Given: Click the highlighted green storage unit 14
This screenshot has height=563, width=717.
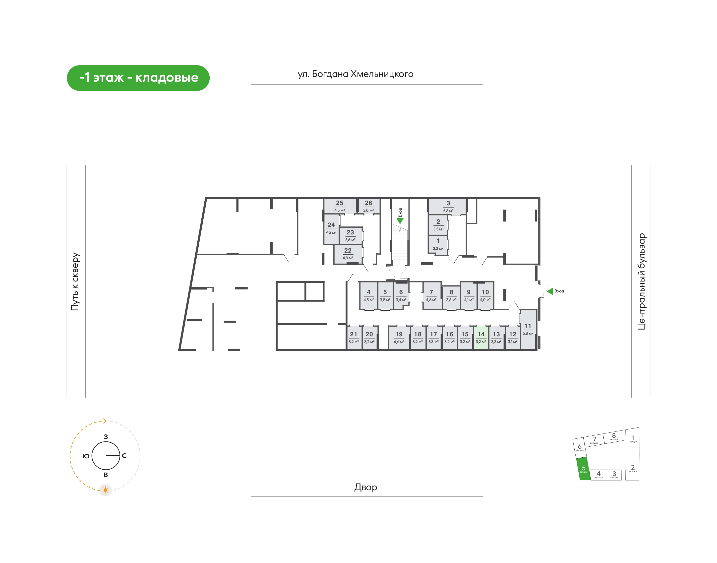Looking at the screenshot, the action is [x=481, y=338].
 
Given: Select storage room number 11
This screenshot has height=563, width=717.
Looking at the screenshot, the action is [x=528, y=329].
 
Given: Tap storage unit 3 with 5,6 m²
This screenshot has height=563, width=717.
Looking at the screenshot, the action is [x=448, y=206].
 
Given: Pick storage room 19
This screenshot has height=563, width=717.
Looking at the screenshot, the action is [x=399, y=338].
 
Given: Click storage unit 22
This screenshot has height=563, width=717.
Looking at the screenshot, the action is [x=348, y=254].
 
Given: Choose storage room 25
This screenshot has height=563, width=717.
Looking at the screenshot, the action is [x=340, y=206].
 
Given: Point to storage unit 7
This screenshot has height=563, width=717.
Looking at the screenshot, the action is [x=432, y=295].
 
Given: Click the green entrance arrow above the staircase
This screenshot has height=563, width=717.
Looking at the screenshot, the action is [x=400, y=221].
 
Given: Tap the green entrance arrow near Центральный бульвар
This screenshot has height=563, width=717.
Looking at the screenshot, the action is [x=550, y=291].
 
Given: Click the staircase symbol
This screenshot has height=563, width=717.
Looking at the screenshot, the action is [x=400, y=242].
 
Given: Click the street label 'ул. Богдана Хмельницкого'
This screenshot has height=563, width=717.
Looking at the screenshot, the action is [x=355, y=74].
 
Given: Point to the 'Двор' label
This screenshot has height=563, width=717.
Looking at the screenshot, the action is [x=365, y=487].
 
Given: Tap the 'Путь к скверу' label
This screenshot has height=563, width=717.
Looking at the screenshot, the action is [x=75, y=281].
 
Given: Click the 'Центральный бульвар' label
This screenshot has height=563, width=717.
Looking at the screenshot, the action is [x=642, y=281].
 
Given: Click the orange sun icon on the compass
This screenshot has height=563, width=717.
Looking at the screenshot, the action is [x=105, y=490].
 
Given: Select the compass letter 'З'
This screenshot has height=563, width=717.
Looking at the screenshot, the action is [x=106, y=437].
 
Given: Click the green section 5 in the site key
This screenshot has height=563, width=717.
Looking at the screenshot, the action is [x=584, y=469].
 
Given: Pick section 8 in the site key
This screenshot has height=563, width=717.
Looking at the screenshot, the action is [x=614, y=436].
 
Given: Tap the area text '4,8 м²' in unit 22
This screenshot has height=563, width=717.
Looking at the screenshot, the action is [x=348, y=258].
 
